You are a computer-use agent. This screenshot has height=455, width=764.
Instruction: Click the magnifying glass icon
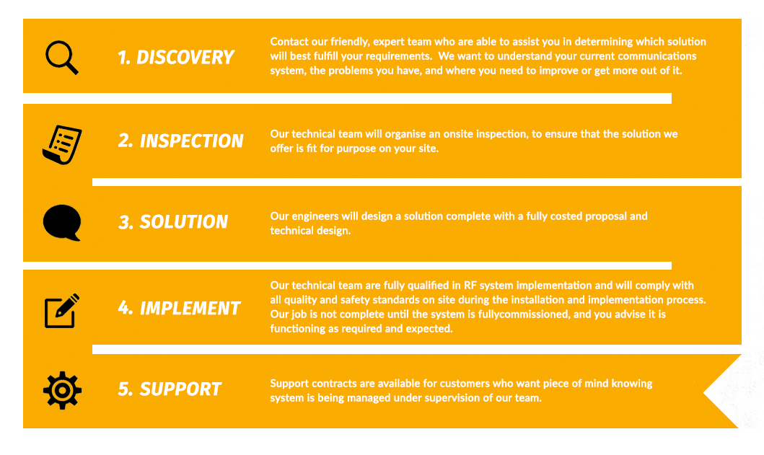click(x=61, y=58)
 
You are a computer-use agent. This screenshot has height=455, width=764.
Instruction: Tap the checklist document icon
click(x=62, y=145)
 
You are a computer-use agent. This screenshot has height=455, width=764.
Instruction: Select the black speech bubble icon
click(x=62, y=223)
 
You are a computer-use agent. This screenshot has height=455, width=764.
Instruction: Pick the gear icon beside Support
click(x=62, y=390)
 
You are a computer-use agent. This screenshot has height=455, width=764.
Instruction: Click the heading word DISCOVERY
click(x=185, y=58)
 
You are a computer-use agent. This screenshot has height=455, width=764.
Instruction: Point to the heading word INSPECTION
click(x=191, y=141)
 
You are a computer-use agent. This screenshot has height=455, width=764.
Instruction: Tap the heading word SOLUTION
click(x=184, y=221)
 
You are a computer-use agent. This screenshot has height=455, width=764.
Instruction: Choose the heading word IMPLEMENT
click(x=190, y=308)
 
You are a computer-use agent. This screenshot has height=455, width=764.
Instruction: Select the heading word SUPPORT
click(x=180, y=389)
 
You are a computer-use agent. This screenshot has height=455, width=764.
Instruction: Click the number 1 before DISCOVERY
click(x=123, y=58)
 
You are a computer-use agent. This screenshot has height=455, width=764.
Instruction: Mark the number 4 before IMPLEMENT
click(x=125, y=308)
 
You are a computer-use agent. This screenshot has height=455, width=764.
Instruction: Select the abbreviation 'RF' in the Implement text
click(x=470, y=286)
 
